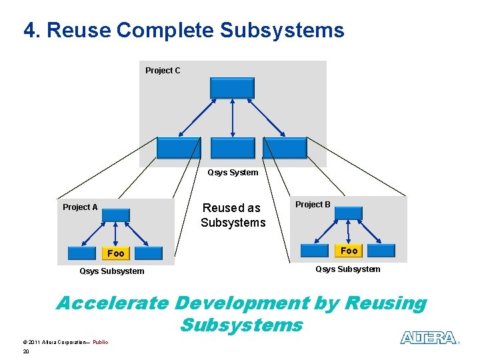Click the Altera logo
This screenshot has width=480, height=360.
(x=428, y=338)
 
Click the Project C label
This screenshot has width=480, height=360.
(x=163, y=71)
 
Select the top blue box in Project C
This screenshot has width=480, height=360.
(x=232, y=88)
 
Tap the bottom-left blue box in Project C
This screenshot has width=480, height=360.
(x=178, y=148)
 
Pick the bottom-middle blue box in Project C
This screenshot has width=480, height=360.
(x=232, y=148)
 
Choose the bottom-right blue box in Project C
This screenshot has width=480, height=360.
(x=285, y=148)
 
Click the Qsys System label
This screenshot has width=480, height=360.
(x=233, y=173)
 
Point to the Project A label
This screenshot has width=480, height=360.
(x=80, y=207)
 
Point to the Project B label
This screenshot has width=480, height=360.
(x=313, y=205)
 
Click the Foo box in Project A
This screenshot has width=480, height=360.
(x=115, y=253)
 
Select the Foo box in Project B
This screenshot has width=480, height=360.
(x=349, y=251)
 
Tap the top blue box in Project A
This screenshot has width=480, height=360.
(x=116, y=215)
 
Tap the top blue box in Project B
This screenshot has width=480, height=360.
(x=348, y=213)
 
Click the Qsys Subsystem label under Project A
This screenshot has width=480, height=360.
(x=111, y=271)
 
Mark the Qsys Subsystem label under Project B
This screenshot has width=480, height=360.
(x=348, y=269)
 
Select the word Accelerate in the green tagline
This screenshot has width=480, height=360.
(x=112, y=303)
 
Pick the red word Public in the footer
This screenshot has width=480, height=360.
(x=100, y=342)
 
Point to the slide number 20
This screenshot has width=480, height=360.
(x=26, y=351)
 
